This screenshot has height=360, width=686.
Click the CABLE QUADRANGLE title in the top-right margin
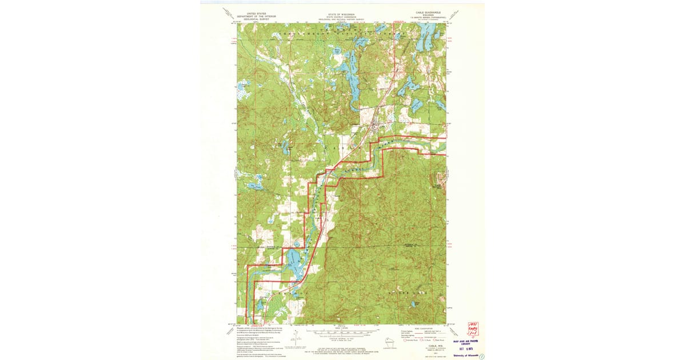coord(429,12)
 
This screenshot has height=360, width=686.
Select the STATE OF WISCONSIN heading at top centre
coord(341,13)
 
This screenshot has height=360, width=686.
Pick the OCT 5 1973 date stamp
coord(468,348)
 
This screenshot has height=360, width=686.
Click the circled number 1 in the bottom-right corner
coord(481,356)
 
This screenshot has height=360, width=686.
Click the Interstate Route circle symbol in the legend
coord(405,340)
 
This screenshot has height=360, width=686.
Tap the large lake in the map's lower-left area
coord(294,264)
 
